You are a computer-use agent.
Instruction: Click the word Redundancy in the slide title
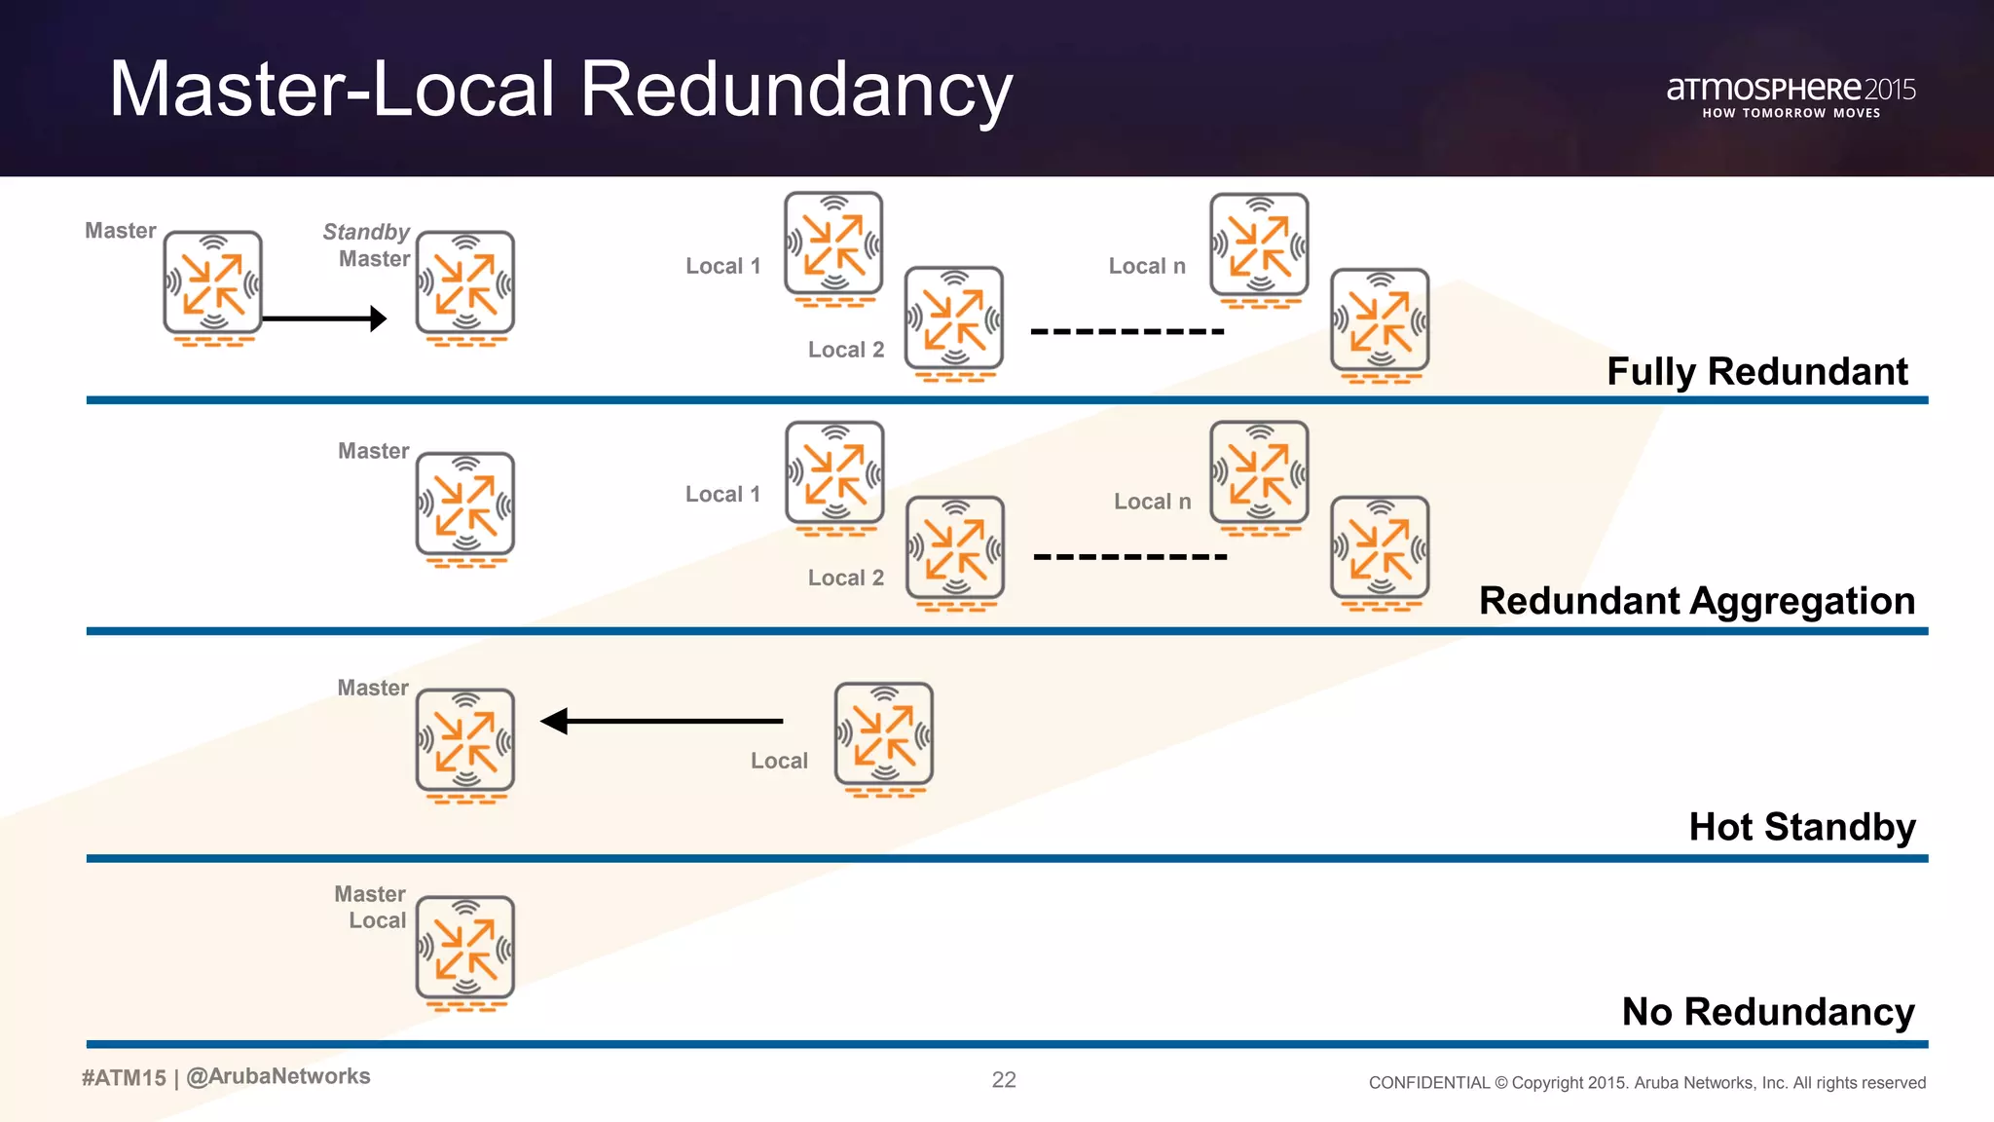coord(795,90)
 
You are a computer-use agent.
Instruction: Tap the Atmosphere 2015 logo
coord(1790,96)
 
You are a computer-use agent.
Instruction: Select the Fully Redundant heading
coord(1756,371)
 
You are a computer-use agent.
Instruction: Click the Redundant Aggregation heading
coord(1696,601)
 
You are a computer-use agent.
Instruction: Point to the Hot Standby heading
coord(1801,827)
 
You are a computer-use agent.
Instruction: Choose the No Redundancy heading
coord(1767,1012)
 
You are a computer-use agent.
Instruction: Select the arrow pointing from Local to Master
coord(662,721)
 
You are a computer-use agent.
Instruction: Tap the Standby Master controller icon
coord(465,285)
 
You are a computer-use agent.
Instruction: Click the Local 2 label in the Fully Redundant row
coord(845,350)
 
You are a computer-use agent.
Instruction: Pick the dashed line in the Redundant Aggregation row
coord(1129,557)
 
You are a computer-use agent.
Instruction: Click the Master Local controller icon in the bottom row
coord(465,952)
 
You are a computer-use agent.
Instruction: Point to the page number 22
coord(1004,1079)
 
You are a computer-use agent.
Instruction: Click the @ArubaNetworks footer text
coord(278,1076)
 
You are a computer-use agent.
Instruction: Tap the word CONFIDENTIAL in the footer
coord(1428,1083)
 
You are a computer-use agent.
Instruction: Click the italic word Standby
coord(366,232)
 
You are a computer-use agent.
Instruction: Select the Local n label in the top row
coord(1147,266)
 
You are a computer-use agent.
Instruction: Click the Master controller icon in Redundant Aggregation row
coord(465,507)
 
